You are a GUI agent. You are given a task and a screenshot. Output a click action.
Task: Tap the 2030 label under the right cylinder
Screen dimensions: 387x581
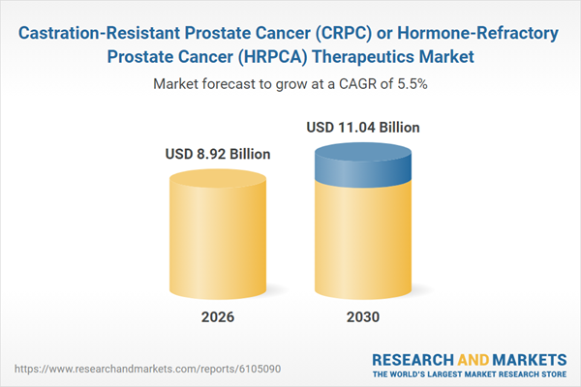(363, 315)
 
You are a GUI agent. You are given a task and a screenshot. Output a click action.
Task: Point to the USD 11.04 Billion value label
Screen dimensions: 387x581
(363, 127)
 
